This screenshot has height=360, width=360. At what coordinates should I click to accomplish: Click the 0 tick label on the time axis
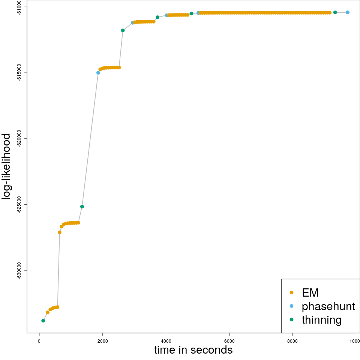pyautogui.click(x=39, y=341)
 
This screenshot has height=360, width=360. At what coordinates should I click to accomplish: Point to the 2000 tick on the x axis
pyautogui.click(x=102, y=341)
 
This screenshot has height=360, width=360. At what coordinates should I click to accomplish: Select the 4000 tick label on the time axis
pyautogui.click(x=166, y=341)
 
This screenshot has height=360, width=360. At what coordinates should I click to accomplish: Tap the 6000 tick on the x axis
pyautogui.click(x=229, y=341)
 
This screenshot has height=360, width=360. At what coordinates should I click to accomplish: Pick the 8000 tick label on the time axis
pyautogui.click(x=292, y=341)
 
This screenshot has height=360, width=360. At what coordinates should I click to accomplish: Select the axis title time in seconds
pyautogui.click(x=193, y=350)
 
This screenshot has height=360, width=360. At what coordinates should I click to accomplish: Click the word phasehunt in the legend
pyautogui.click(x=328, y=306)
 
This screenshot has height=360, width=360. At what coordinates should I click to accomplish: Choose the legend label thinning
pyautogui.click(x=321, y=320)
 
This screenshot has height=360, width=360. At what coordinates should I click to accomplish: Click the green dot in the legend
pyautogui.click(x=291, y=319)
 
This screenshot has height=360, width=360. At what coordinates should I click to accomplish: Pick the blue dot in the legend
pyautogui.click(x=291, y=306)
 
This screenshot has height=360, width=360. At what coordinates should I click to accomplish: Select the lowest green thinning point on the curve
pyautogui.click(x=43, y=321)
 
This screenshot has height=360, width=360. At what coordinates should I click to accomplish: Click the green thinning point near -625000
pyautogui.click(x=82, y=207)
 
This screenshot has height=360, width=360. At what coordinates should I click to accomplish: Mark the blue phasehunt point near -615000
pyautogui.click(x=98, y=73)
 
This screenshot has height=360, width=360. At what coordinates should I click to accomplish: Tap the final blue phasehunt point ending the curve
pyautogui.click(x=348, y=12)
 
